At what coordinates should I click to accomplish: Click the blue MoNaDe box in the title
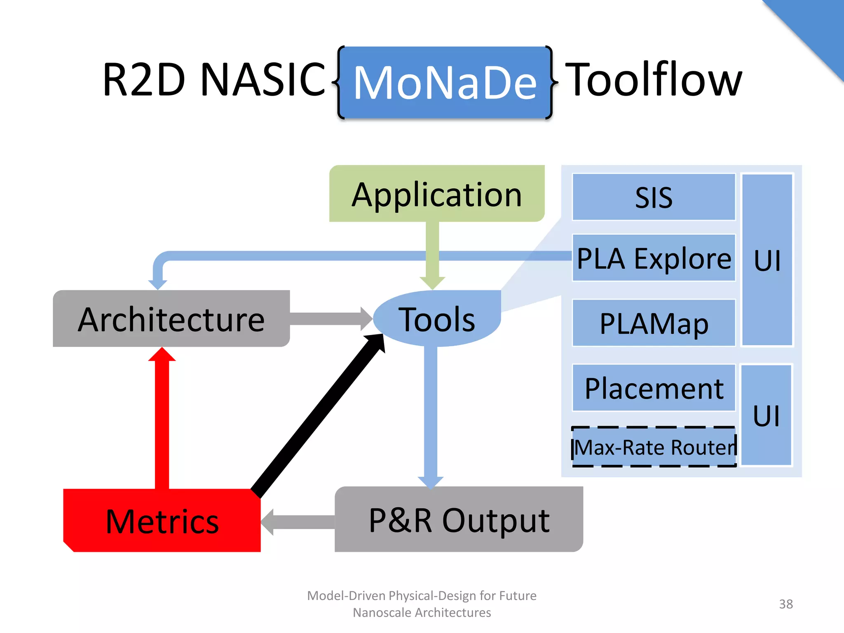click(x=445, y=82)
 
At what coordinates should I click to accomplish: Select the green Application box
click(x=437, y=194)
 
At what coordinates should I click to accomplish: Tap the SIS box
click(x=654, y=197)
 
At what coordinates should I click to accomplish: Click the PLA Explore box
click(x=654, y=258)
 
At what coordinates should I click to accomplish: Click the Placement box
click(x=654, y=388)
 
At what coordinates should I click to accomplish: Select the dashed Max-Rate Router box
click(x=654, y=447)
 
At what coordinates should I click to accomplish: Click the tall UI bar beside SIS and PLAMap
click(x=767, y=260)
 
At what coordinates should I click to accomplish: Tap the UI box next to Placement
click(x=766, y=415)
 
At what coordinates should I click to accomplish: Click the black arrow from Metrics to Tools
click(x=317, y=416)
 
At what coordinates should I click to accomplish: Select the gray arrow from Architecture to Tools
click(x=330, y=319)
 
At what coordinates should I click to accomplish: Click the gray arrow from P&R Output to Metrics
click(x=299, y=522)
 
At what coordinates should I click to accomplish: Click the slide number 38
click(x=785, y=604)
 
